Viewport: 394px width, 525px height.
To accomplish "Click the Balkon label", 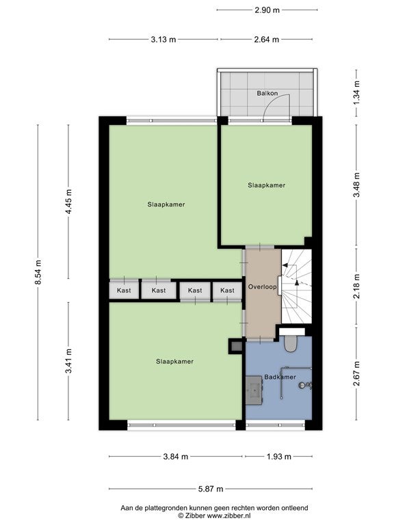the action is coord(267,93).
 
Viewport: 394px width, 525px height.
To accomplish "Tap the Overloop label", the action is coord(263,287).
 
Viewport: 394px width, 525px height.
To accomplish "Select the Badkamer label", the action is coord(280,377).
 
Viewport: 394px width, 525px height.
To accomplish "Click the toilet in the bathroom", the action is coord(290,344).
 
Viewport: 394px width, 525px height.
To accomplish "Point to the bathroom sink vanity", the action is coord(254,390).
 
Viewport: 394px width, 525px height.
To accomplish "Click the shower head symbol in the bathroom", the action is coord(304,386).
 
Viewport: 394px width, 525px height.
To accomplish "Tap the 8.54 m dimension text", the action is coord(38,272).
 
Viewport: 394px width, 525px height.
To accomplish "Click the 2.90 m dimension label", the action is coord(267,10).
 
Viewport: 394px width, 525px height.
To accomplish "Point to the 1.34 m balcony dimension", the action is coord(356,93).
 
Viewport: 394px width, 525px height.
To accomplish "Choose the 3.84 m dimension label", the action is coord(176,457).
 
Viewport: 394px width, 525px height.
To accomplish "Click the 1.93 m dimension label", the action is coord(279,457).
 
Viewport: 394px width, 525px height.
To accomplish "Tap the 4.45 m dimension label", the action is coord(68,202).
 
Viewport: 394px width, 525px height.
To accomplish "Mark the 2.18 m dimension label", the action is coord(356,286).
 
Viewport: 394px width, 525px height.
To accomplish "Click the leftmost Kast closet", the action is coord(124,290).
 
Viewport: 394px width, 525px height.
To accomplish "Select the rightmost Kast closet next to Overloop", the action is coord(227,291).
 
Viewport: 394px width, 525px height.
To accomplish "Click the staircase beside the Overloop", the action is coord(296,286).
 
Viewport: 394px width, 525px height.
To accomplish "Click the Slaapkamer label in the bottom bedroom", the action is coord(174,361).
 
